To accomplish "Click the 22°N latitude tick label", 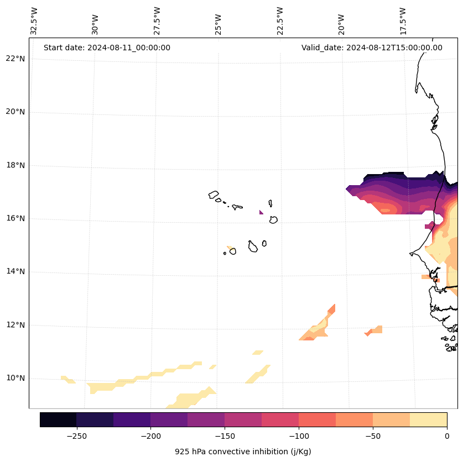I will (15, 59).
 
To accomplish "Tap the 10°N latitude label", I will (15, 379).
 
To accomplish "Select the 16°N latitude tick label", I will (15, 218).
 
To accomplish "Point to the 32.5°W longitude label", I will (34, 21).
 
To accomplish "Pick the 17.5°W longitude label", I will (403, 21).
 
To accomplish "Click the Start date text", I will (107, 48).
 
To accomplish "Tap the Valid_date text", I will (372, 48).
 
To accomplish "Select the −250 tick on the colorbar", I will (76, 436).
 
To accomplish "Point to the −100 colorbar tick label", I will (299, 436).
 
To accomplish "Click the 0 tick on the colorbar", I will (446, 436).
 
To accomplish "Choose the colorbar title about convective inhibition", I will (243, 452).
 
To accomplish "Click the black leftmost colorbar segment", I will (58, 419).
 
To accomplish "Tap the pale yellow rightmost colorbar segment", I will (428, 419).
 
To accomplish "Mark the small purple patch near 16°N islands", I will (261, 212).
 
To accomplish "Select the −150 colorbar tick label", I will (225, 436).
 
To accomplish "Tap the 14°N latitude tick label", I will (15, 271).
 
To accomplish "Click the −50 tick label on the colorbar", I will (373, 436).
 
